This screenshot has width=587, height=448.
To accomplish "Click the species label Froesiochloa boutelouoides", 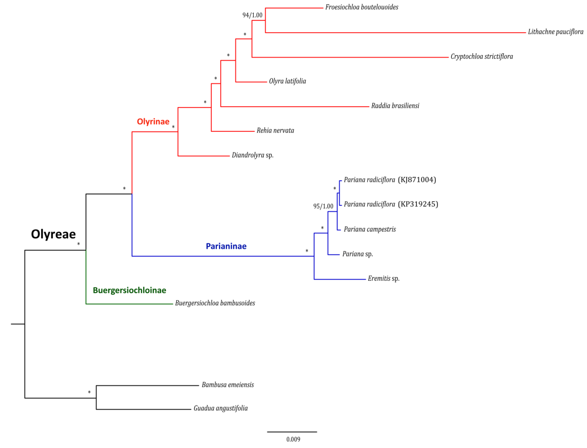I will point(361,7).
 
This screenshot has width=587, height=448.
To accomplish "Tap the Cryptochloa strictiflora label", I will point(481,57).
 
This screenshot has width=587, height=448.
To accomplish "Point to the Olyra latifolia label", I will point(287,81).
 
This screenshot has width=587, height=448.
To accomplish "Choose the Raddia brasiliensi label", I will point(395,106).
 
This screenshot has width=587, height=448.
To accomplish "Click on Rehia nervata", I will point(275,130).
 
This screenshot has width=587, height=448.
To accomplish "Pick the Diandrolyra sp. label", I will point(252,155).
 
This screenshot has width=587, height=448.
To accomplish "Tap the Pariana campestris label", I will point(370,229).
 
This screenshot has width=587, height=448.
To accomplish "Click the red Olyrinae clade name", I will point(153,122).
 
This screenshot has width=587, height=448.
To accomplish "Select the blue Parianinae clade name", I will point(226,246).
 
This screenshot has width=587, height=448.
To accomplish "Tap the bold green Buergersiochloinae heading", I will point(129,290).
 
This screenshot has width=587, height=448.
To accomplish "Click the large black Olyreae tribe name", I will point(53,234).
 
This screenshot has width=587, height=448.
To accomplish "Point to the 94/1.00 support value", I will point(252,15).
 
